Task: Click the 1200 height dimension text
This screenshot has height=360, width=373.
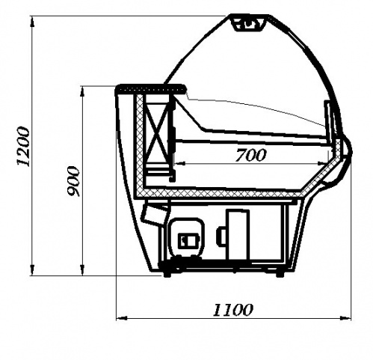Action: [x=23, y=146]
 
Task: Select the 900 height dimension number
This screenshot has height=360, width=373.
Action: [x=73, y=181]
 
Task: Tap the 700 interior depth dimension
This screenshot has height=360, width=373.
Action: [x=250, y=155]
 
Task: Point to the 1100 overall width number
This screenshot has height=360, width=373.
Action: [x=232, y=310]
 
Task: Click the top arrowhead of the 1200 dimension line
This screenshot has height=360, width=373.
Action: [x=32, y=21]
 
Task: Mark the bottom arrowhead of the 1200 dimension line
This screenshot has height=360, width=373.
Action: [x=32, y=270]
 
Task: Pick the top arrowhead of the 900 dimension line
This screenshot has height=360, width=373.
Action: [x=82, y=91]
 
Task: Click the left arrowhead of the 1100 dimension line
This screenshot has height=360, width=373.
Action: [x=122, y=318]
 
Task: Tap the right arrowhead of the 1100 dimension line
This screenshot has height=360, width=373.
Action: [x=345, y=318]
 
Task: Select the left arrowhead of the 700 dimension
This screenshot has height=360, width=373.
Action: [x=180, y=163]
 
